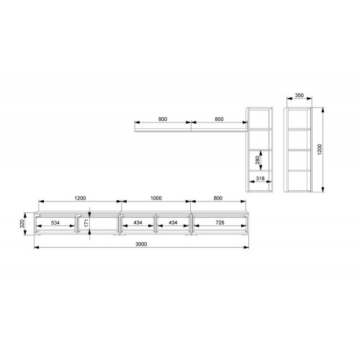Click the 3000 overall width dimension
[x=141, y=244]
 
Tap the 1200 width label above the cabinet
[x=80, y=198]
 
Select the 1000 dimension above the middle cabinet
[x=156, y=198]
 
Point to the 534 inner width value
[x=55, y=222]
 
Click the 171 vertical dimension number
[x=86, y=223]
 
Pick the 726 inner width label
[x=220, y=222]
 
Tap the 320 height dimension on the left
[x=22, y=224]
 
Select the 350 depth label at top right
[x=300, y=95]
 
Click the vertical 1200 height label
[x=320, y=150]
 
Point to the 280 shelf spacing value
[x=258, y=160]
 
